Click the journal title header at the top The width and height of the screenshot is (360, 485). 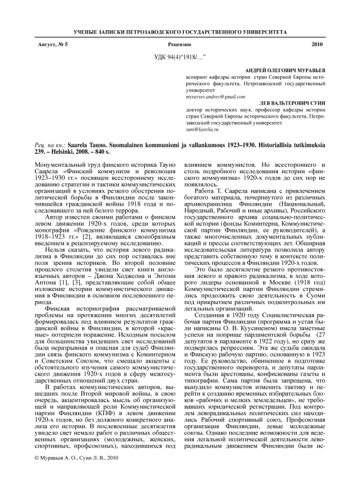click(x=180, y=30)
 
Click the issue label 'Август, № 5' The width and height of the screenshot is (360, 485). click(x=53, y=44)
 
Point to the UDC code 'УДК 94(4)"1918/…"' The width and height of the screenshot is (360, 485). click(x=180, y=56)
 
